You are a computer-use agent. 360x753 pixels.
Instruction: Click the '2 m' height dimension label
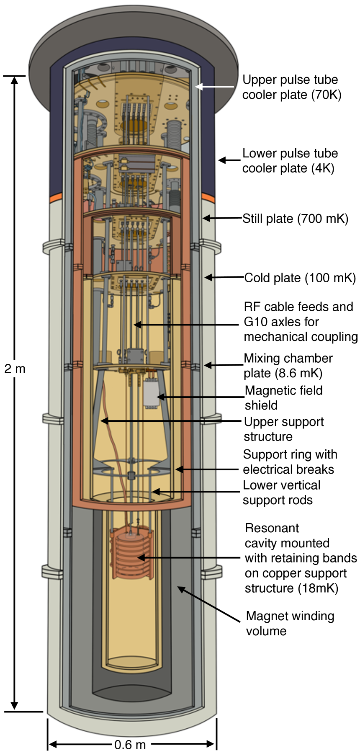(15, 369)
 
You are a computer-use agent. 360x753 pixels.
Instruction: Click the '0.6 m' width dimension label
(130, 744)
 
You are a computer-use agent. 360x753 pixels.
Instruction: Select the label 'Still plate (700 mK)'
(295, 219)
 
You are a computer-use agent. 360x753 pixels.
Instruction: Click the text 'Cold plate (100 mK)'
(300, 278)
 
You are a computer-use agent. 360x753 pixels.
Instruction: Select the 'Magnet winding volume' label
(290, 623)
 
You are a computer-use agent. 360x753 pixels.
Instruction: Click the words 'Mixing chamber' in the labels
(288, 358)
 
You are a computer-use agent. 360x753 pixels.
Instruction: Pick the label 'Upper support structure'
(283, 429)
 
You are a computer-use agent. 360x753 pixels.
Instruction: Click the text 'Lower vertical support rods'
(281, 493)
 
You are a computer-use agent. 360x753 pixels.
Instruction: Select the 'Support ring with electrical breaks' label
(290, 462)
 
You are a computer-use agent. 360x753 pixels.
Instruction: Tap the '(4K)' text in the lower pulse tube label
(323, 168)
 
